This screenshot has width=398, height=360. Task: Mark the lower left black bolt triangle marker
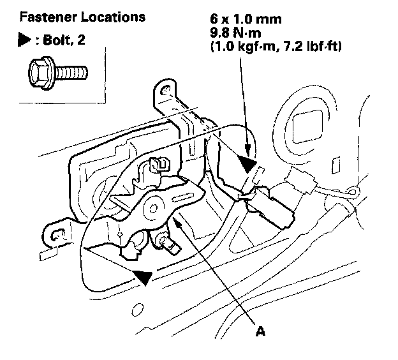tap(143, 276)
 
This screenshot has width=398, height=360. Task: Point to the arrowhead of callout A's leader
tap(173, 218)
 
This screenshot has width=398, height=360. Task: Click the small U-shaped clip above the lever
tap(160, 163)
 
